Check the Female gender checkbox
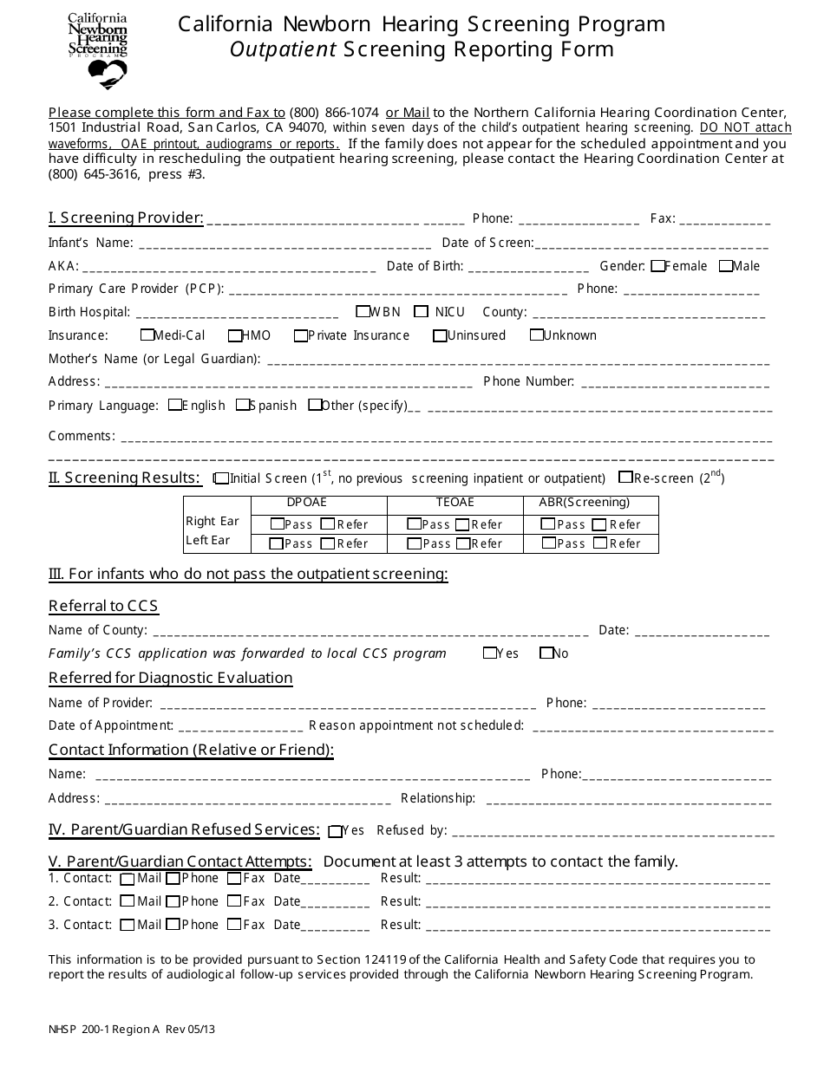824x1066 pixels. coord(658,266)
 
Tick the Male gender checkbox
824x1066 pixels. coord(726,266)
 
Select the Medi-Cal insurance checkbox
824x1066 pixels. coord(147,335)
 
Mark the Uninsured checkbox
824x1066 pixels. coord(441,335)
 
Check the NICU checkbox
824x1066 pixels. coord(422,312)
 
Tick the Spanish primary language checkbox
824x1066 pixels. coord(243,405)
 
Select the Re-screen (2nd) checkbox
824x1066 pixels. coord(625,477)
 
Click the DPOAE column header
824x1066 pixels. coord(307,503)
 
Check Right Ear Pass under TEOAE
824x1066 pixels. coord(414,523)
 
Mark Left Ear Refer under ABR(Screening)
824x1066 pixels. coord(600,543)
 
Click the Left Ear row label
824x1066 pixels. coord(208,541)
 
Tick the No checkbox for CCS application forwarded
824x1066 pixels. coord(546,653)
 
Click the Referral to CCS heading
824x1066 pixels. coord(103,606)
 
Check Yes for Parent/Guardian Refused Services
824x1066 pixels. coord(336,831)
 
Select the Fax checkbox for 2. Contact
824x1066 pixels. coord(234,901)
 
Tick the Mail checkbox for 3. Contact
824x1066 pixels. coord(128,925)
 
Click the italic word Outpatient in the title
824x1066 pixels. coord(283,49)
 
